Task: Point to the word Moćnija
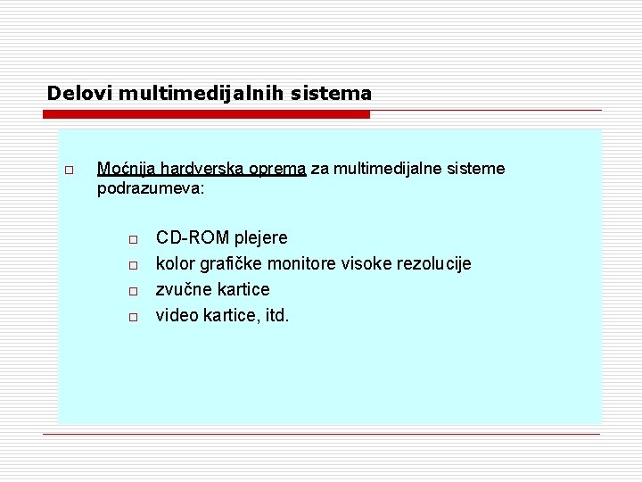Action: [126, 169]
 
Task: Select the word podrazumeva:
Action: [151, 189]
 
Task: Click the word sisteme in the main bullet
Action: [475, 169]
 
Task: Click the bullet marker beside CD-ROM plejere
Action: [131, 239]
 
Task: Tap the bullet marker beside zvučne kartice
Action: [131, 291]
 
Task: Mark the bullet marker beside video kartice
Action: [131, 317]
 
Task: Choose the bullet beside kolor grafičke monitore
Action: [131, 265]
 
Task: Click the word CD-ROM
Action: [193, 238]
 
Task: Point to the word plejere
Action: [260, 238]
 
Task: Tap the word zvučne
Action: [184, 290]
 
